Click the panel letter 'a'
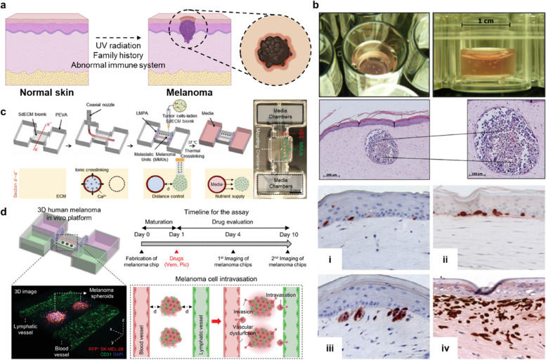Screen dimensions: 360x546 [x=6, y=6]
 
